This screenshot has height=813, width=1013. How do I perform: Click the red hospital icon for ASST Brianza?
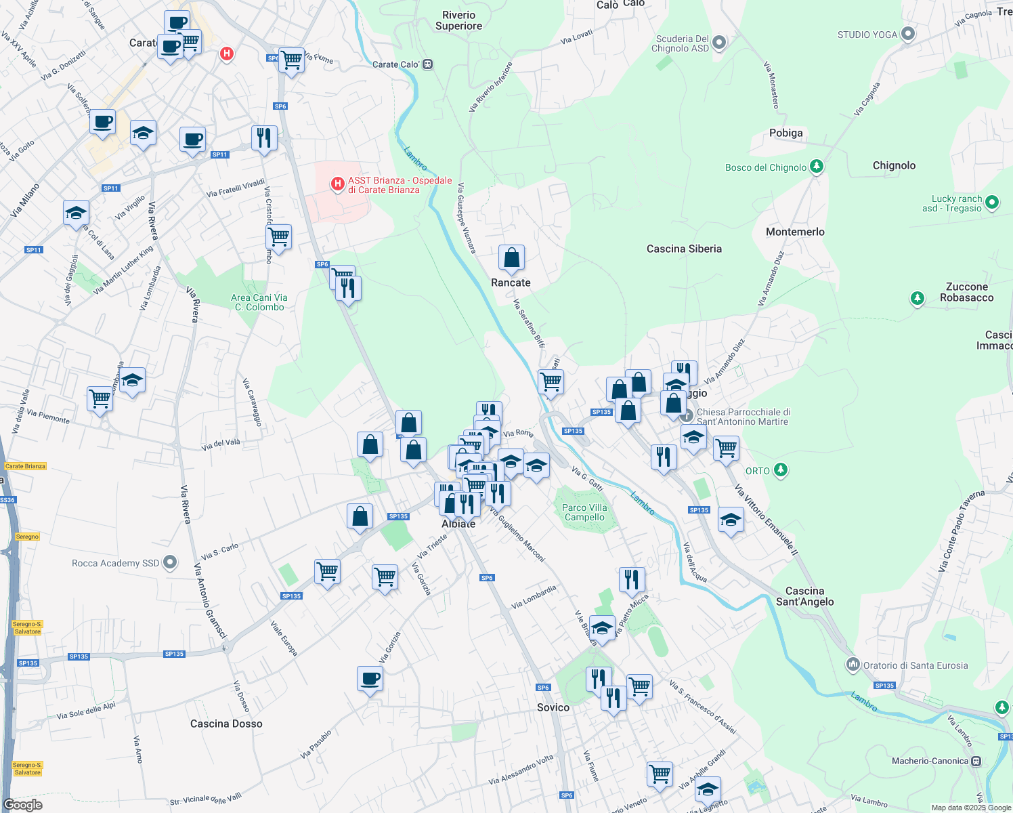pos(337,184)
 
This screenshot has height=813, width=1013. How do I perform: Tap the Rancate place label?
pos(511,283)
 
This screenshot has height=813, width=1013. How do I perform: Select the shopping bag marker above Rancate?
pos(511,258)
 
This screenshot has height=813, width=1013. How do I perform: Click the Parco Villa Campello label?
pos(584,512)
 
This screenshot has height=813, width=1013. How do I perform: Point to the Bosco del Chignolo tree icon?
pos(817,166)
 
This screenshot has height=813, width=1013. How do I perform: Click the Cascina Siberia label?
pos(684,249)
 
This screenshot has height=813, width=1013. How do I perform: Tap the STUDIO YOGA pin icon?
pos(908,34)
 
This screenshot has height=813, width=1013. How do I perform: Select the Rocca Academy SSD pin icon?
pos(170,562)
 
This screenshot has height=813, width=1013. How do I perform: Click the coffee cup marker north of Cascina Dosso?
pos(370,679)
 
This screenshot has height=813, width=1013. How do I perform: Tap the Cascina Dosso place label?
pos(226,724)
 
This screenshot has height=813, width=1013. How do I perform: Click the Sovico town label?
pos(553,707)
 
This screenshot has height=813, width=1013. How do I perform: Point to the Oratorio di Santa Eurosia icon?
pos(853,665)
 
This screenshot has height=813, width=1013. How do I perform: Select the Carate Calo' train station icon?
pos(427,64)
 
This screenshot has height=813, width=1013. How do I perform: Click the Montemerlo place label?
pos(795,232)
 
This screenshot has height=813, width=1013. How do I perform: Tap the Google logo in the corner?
pos(23,804)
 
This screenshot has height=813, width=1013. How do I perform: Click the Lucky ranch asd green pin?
pos(992,202)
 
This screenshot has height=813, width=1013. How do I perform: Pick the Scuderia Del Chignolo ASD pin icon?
pos(719,43)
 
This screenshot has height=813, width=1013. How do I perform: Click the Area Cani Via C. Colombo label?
pos(259,302)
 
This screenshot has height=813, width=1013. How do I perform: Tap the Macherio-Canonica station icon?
pos(976,761)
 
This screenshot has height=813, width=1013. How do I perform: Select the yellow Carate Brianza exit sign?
pos(25,466)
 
